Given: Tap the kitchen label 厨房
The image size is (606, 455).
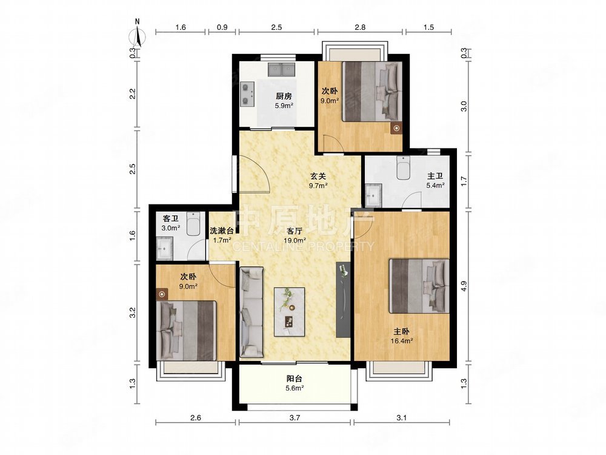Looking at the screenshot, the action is click(284, 96).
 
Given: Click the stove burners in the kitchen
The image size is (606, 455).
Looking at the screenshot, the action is click(246, 94).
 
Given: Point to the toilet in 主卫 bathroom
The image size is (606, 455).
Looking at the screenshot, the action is click(404, 167).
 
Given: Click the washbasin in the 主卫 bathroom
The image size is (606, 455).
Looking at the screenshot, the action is click(374, 195).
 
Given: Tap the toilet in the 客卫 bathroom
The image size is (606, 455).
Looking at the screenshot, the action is click(193, 224).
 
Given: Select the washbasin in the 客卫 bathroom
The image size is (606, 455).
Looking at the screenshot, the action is click(165, 249).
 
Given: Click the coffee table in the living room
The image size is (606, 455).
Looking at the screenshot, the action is click(290, 311).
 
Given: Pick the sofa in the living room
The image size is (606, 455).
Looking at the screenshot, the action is click(251, 312).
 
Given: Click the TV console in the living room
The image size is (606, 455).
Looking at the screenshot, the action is click(343, 300).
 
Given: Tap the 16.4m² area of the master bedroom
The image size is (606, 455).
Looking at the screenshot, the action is click(402, 341).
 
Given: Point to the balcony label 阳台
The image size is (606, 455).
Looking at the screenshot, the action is click(294, 379).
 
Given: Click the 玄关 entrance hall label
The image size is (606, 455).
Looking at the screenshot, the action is click(318, 176).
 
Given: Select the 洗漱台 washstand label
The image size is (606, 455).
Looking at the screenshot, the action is click(221, 231).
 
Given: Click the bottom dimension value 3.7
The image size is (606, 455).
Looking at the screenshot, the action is click(295, 417).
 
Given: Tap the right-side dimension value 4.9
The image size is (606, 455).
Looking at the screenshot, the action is click(464, 286).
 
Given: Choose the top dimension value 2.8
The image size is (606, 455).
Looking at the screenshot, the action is click(360, 27).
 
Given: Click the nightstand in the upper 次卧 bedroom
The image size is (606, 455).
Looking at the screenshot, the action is click(396, 128).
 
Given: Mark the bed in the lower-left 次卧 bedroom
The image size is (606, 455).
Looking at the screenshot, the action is click(186, 331).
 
